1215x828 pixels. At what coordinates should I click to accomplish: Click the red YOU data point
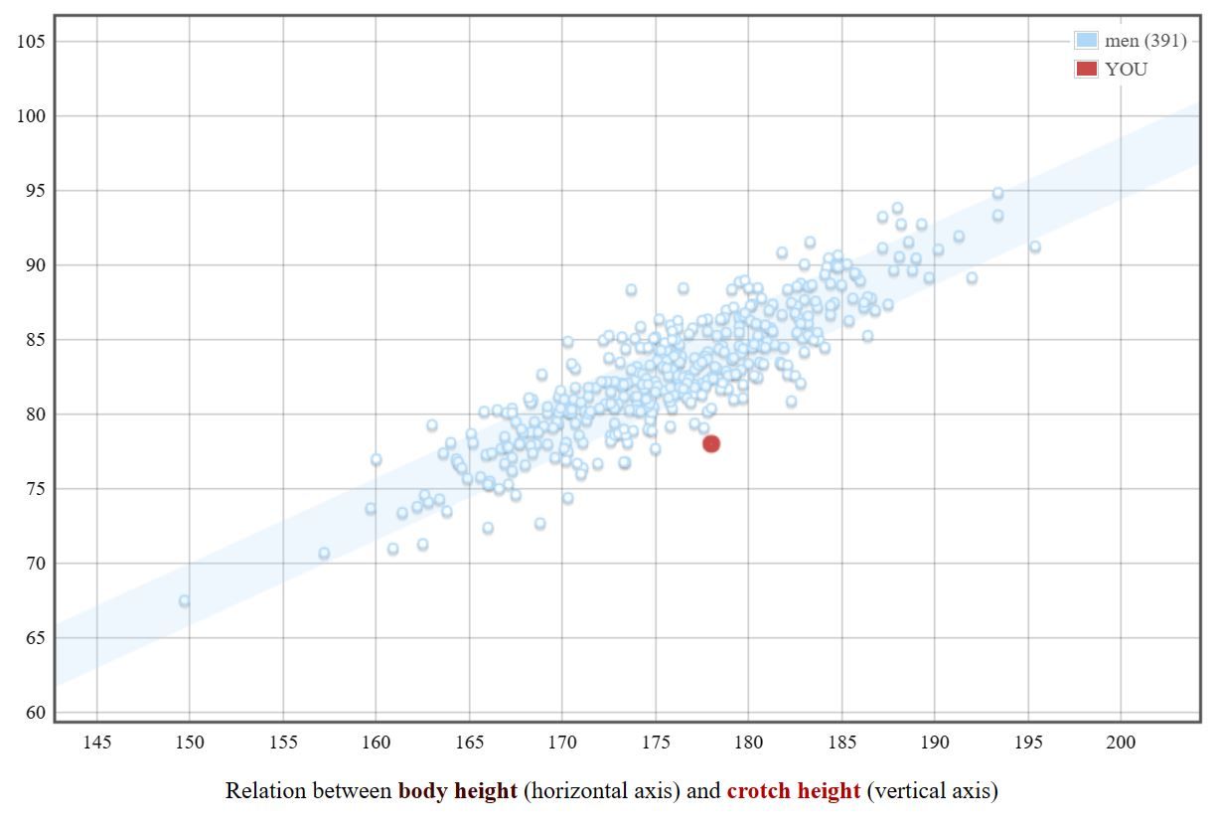click(711, 444)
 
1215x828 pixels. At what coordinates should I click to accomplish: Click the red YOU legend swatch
click(1086, 69)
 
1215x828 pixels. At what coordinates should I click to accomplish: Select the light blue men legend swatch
click(1086, 40)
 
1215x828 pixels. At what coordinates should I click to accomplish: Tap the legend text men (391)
click(1145, 41)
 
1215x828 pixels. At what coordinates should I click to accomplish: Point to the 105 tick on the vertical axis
click(32, 41)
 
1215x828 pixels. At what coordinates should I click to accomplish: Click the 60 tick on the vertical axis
click(36, 713)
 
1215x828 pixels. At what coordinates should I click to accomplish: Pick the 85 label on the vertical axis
click(36, 340)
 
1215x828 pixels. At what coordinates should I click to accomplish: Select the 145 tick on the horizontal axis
click(97, 742)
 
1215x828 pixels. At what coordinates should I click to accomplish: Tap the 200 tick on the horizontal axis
click(1121, 742)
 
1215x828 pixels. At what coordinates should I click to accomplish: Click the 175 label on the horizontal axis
click(656, 742)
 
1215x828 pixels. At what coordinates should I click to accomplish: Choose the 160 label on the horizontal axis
click(376, 742)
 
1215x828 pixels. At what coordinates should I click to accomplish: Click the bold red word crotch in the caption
click(758, 790)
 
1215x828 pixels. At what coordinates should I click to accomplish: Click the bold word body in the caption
click(422, 791)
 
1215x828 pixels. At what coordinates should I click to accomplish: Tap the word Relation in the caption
click(265, 790)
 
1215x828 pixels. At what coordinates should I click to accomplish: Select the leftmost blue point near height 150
click(185, 600)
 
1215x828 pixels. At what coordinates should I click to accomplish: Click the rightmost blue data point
click(1035, 247)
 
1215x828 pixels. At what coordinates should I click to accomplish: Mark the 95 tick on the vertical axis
click(36, 191)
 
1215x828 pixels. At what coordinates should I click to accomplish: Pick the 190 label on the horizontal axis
click(935, 742)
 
